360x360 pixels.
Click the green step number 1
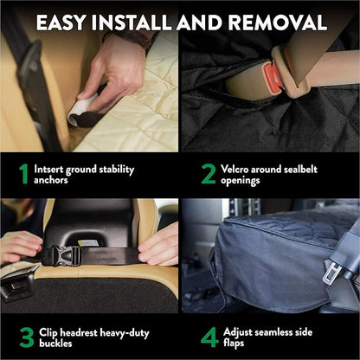click(x=23, y=174)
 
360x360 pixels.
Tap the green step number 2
click(x=208, y=174)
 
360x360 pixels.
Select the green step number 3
click(x=25, y=337)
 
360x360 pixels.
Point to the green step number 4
click(x=209, y=337)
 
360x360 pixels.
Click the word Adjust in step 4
click(x=241, y=331)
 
